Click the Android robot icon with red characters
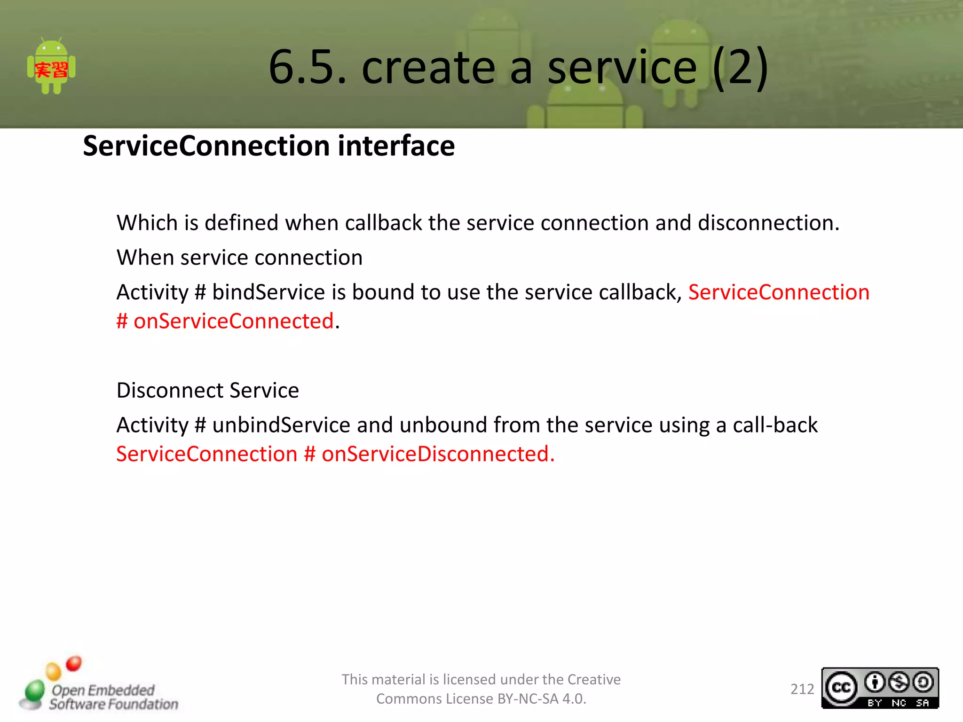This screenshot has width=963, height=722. (51, 67)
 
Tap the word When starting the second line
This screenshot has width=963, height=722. (145, 258)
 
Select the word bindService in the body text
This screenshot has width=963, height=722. (268, 292)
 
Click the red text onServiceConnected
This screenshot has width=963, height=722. (233, 322)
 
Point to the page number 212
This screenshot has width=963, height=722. (802, 689)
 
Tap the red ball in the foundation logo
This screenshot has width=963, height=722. (74, 664)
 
